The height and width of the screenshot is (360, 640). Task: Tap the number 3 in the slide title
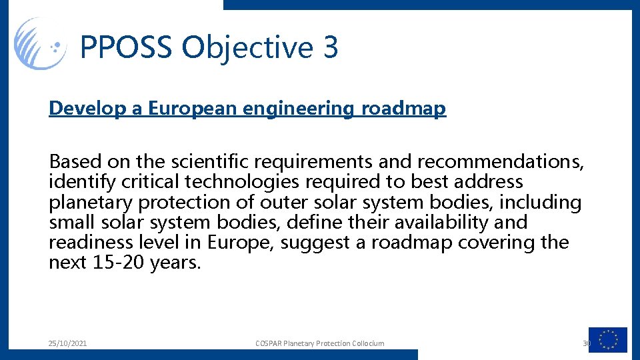330,48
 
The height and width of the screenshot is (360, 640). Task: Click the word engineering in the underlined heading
295,109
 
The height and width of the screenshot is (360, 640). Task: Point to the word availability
453,222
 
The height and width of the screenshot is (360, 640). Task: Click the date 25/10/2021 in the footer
67,343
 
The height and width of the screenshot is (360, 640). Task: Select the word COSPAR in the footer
269,343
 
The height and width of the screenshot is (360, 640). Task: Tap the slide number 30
587,343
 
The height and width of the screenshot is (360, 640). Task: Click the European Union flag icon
608,340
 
